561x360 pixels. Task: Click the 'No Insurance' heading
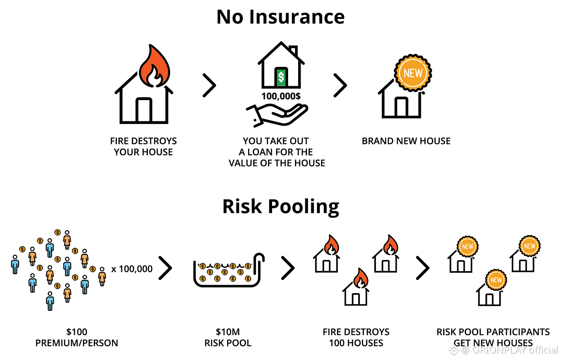[280, 17]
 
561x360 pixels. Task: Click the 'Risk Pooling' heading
[280, 207]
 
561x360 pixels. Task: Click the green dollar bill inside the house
[281, 76]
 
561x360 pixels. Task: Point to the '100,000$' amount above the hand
[281, 96]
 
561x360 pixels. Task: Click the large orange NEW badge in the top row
[413, 73]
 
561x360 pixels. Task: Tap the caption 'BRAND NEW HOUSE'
[406, 141]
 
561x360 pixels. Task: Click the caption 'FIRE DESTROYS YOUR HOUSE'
[143, 147]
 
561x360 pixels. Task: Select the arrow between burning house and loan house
[210, 85]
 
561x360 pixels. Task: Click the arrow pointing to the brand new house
[340, 85]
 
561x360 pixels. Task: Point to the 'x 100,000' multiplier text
[132, 269]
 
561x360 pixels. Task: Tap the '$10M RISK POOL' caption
[228, 337]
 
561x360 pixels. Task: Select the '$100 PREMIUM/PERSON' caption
[77, 337]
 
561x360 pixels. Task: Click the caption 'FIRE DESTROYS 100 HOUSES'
[356, 337]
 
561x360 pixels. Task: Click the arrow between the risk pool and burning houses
[288, 268]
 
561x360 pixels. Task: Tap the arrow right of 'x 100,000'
[165, 268]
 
